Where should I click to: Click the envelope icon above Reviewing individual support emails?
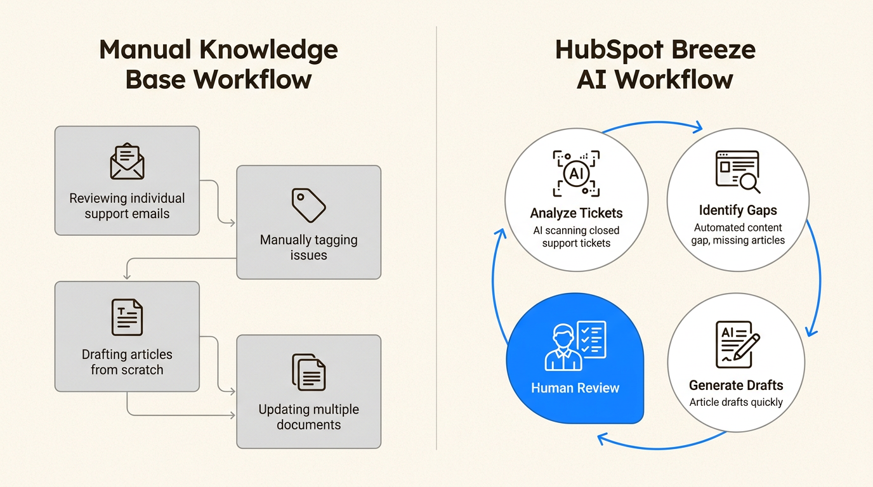pyautogui.click(x=127, y=162)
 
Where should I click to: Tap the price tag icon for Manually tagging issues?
pyautogui.click(x=308, y=204)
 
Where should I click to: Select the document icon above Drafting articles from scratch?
pyautogui.click(x=127, y=317)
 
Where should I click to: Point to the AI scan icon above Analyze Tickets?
pyautogui.click(x=575, y=173)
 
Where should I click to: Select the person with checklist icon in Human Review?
pyautogui.click(x=575, y=346)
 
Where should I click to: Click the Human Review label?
pyautogui.click(x=575, y=388)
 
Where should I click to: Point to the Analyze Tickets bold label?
pyautogui.click(x=576, y=213)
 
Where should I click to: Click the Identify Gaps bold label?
pyautogui.click(x=738, y=210)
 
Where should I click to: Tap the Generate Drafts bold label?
pyautogui.click(x=736, y=385)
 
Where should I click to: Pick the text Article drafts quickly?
pyautogui.click(x=736, y=402)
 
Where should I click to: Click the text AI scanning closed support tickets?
pyautogui.click(x=576, y=237)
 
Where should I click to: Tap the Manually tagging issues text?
pyautogui.click(x=308, y=248)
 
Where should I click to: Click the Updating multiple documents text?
pyautogui.click(x=308, y=417)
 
